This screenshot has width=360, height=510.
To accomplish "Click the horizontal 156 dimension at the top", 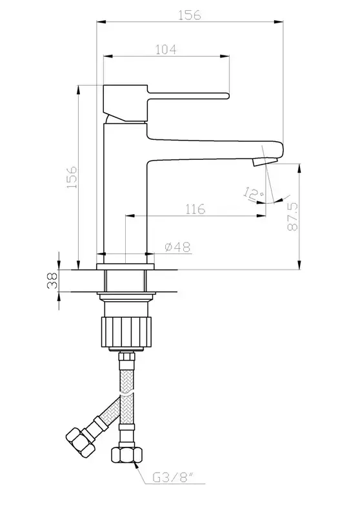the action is [x=190, y=15].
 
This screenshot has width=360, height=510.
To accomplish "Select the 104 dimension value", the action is [x=166, y=50].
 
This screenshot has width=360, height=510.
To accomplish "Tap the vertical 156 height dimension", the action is [x=72, y=177].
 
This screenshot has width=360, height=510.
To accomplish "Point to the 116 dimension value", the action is [x=195, y=209].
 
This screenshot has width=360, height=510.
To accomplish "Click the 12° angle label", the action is [x=253, y=193].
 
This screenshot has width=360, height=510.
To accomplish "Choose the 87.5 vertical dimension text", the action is [x=292, y=217].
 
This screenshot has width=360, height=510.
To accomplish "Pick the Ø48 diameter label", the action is [x=177, y=247].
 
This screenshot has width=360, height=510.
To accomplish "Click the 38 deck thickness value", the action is [x=52, y=280].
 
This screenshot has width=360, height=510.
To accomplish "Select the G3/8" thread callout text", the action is [x=173, y=477].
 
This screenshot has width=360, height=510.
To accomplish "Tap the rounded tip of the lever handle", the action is [x=227, y=95].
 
